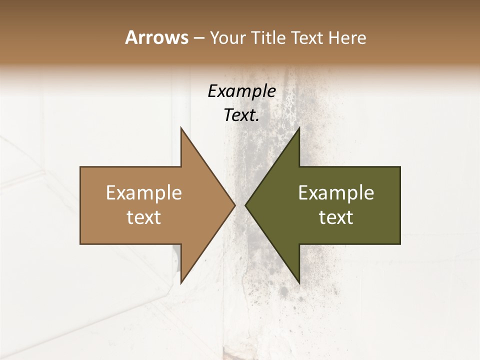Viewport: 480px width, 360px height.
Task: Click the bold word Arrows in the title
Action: [x=156, y=37]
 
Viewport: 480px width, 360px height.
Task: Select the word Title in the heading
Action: [x=270, y=37]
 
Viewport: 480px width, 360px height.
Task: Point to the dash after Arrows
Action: [x=198, y=38]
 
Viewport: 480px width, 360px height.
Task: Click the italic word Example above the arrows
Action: [x=241, y=91]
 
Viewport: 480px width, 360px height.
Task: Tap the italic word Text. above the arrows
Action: [x=241, y=115]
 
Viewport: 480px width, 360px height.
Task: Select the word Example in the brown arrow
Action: [x=144, y=192]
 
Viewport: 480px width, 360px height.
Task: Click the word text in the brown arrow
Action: [x=144, y=217]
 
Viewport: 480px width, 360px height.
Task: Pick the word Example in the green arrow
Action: [x=336, y=192]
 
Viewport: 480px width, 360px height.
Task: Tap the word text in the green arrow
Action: [x=336, y=217]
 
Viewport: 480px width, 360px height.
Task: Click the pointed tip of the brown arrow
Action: [x=235, y=205]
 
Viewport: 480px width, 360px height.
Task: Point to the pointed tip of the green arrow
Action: [x=245, y=205]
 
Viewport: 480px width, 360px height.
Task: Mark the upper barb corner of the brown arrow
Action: [x=181, y=128]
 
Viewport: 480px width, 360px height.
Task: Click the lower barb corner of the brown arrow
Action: [x=181, y=283]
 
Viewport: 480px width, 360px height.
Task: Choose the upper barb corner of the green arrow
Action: [x=299, y=128]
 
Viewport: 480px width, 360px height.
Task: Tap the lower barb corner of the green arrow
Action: [x=299, y=283]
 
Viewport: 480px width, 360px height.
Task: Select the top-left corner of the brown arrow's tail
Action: [x=80, y=167]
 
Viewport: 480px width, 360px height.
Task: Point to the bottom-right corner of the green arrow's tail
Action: [x=400, y=244]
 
